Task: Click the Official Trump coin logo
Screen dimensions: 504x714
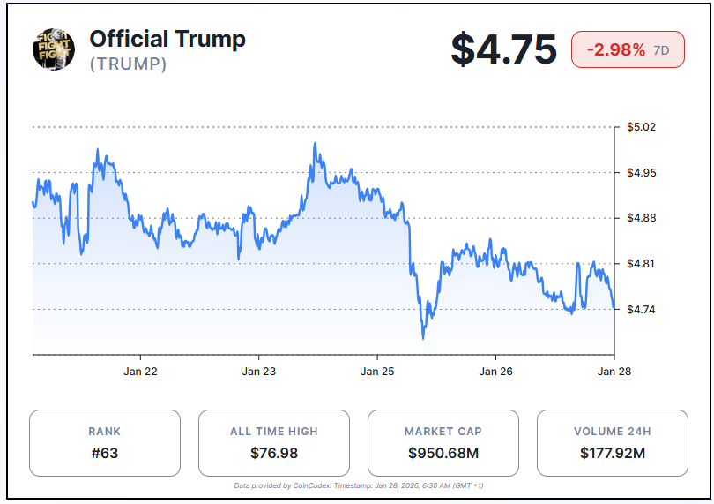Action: [54, 49]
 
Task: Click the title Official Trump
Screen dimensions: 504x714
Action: [167, 39]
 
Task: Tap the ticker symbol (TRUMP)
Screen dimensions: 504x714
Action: [128, 64]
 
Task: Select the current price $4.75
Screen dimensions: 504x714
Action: [503, 49]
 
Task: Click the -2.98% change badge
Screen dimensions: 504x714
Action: [628, 49]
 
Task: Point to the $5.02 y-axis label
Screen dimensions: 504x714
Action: [641, 127]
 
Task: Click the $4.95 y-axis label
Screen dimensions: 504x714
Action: [641, 172]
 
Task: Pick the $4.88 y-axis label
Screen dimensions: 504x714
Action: [641, 218]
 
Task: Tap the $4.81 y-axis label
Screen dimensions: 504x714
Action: [641, 264]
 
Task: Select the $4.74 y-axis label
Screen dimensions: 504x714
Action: [641, 309]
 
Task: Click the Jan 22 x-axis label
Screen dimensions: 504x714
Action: [140, 372]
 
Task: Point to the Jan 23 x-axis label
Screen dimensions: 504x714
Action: [259, 372]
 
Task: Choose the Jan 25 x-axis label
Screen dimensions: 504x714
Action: [377, 372]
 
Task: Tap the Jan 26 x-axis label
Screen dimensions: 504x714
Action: [496, 372]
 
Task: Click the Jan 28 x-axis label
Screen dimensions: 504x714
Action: [614, 372]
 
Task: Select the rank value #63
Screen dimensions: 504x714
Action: [105, 454]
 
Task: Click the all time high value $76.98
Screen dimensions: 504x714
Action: [273, 454]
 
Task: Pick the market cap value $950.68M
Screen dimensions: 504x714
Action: [443, 454]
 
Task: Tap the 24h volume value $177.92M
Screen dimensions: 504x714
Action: [612, 454]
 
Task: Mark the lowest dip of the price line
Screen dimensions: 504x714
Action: [423, 337]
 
